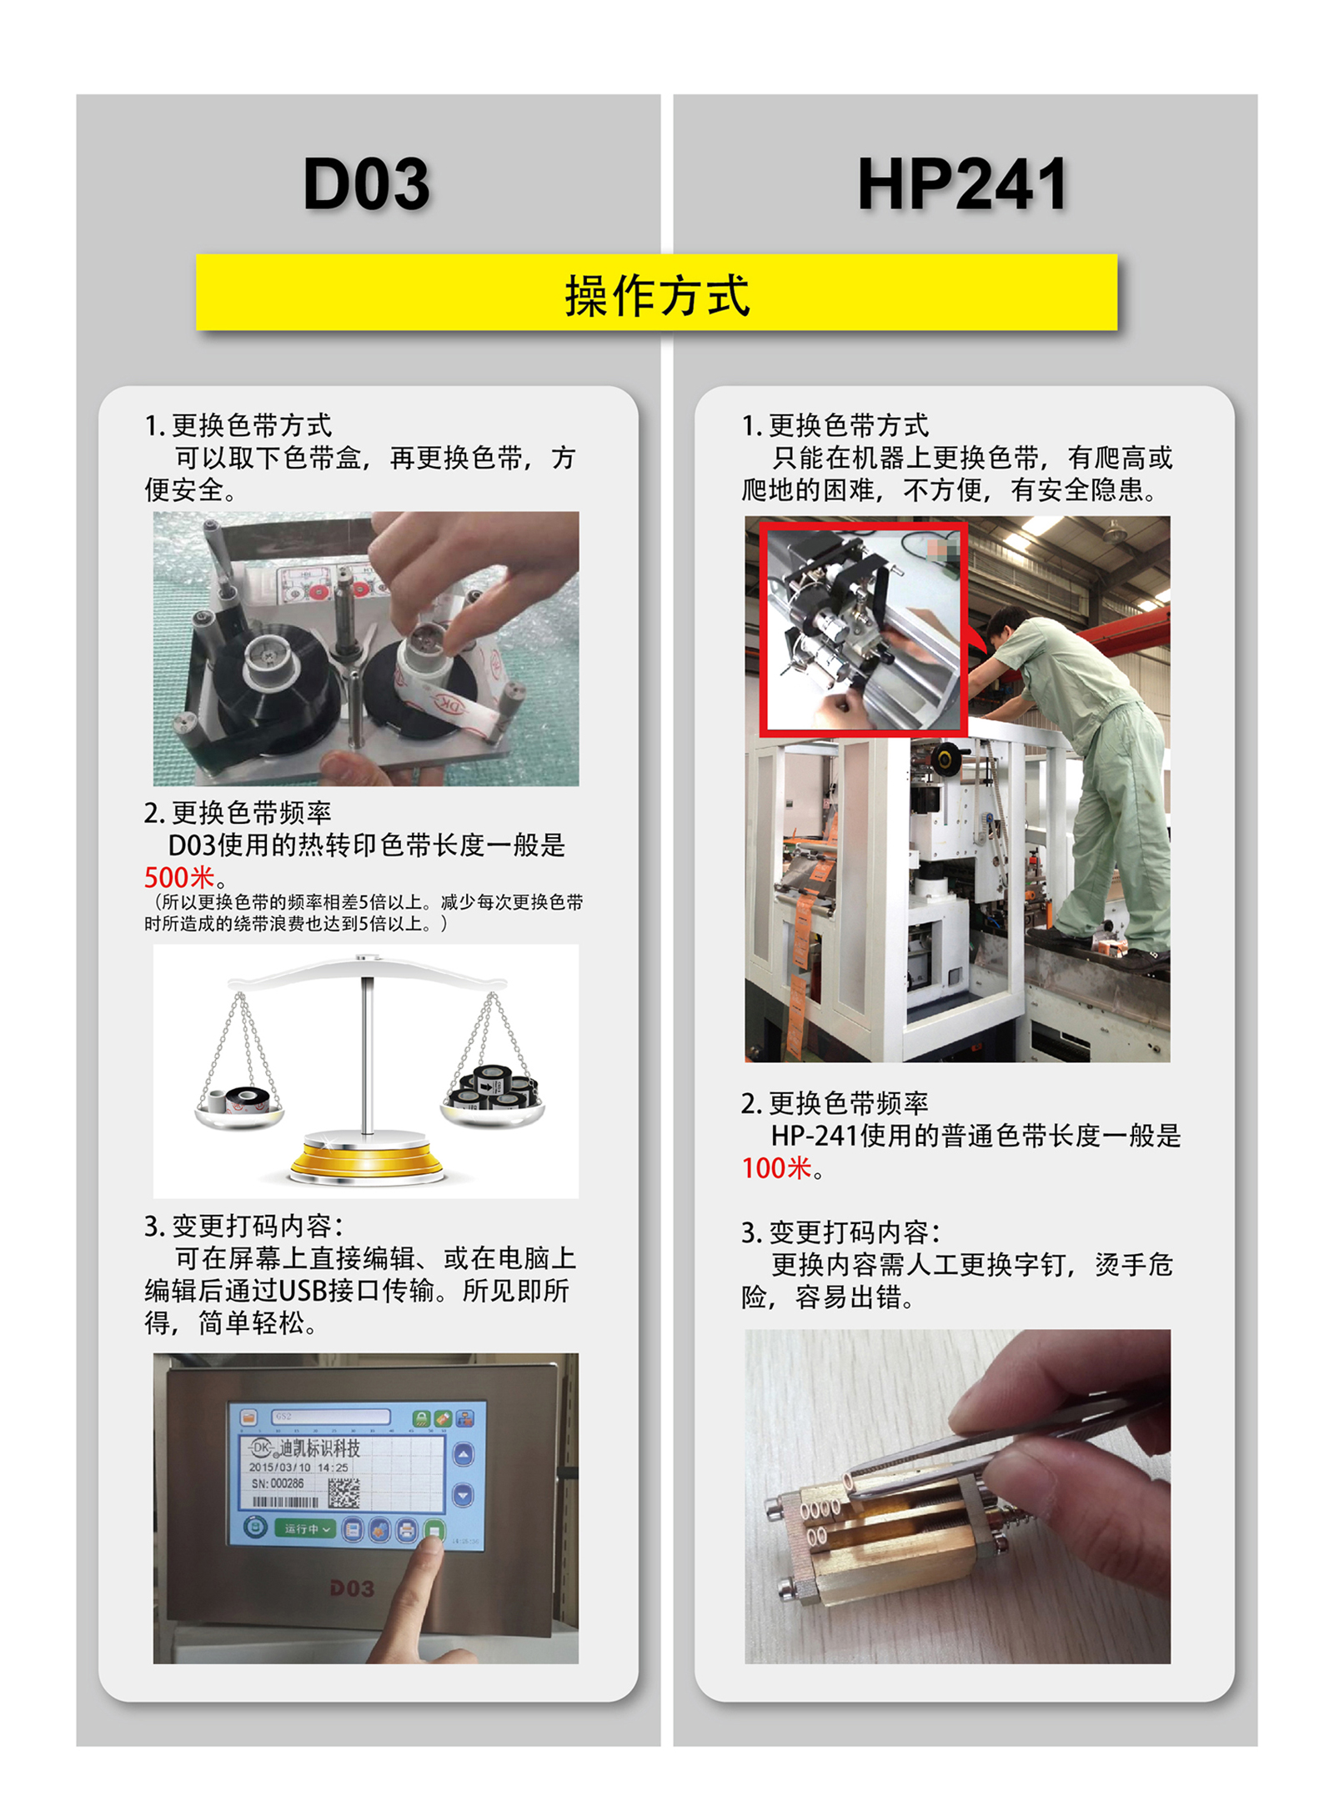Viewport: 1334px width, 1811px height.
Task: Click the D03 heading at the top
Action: click(x=366, y=183)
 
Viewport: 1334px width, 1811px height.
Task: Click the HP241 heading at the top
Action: click(x=962, y=183)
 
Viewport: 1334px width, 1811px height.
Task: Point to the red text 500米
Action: click(x=179, y=877)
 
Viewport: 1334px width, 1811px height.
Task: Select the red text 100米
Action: click(x=776, y=1167)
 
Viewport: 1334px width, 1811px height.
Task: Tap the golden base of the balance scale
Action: click(x=367, y=1160)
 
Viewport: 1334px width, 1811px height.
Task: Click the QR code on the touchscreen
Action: click(x=343, y=1492)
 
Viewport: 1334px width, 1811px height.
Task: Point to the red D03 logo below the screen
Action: click(x=352, y=1588)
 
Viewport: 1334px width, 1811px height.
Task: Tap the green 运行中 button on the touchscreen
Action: click(x=305, y=1528)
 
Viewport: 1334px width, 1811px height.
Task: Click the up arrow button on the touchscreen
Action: click(x=463, y=1455)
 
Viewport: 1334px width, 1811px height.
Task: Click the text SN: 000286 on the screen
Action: click(x=278, y=1483)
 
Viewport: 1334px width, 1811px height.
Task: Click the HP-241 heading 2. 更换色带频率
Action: click(x=835, y=1103)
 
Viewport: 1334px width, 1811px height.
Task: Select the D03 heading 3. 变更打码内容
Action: click(x=243, y=1226)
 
